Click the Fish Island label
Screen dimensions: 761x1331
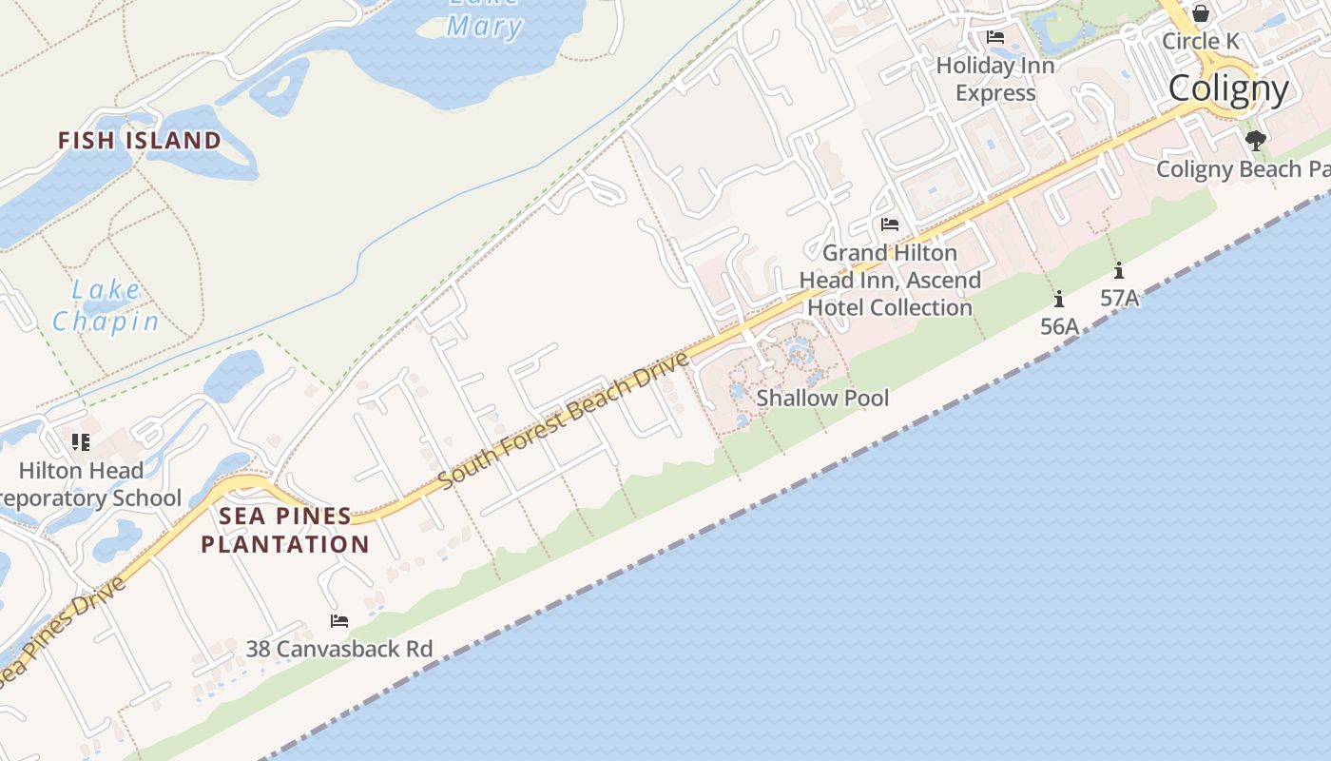pyautogui.click(x=140, y=141)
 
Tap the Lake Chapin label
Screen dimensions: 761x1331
pyautogui.click(x=106, y=305)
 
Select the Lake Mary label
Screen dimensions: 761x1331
pyautogui.click(x=484, y=19)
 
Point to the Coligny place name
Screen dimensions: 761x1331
pyautogui.click(x=1228, y=88)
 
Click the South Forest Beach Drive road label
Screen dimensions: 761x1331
pyautogui.click(x=564, y=421)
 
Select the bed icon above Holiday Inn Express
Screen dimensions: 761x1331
pyautogui.click(x=995, y=37)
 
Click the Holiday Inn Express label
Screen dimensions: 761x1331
pyautogui.click(x=995, y=79)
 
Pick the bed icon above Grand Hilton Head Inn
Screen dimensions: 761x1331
pyautogui.click(x=890, y=224)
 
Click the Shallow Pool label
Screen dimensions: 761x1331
pyautogui.click(x=822, y=398)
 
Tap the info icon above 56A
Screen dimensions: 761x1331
pyautogui.click(x=1059, y=299)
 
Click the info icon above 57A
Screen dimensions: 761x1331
pyautogui.click(x=1119, y=270)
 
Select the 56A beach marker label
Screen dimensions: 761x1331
pyautogui.click(x=1059, y=326)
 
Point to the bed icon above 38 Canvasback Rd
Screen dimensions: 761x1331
pyautogui.click(x=339, y=621)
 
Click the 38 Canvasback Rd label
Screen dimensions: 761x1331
pyautogui.click(x=339, y=649)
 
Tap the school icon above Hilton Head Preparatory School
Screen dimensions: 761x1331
pyautogui.click(x=81, y=442)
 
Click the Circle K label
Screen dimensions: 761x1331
pyautogui.click(x=1200, y=42)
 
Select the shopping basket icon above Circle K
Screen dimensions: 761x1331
pyautogui.click(x=1200, y=13)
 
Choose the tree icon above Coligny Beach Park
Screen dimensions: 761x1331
pyautogui.click(x=1256, y=141)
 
